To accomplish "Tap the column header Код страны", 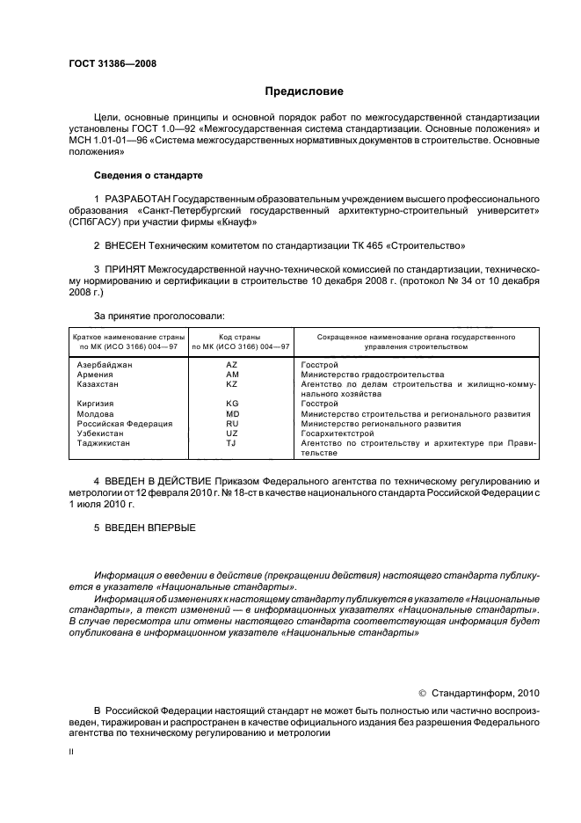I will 232,337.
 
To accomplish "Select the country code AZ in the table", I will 232,364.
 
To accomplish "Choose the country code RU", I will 232,424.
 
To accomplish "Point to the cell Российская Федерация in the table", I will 125,424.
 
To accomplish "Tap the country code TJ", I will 232,444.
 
